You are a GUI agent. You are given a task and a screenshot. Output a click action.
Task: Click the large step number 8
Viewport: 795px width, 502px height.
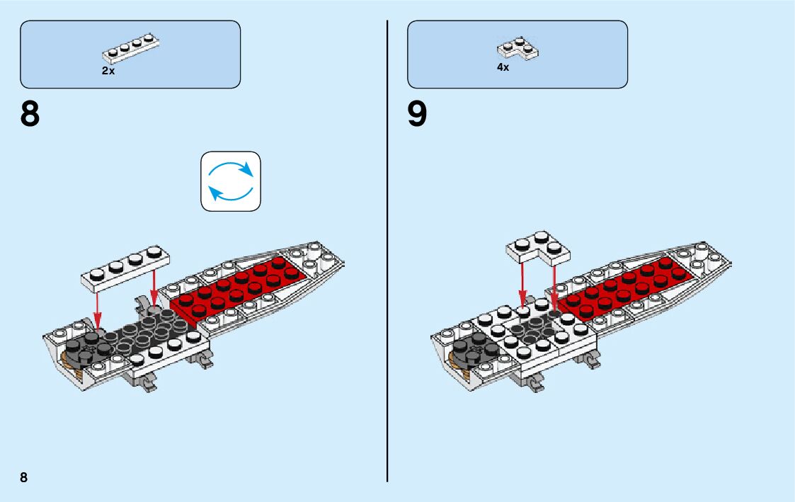pyautogui.click(x=30, y=115)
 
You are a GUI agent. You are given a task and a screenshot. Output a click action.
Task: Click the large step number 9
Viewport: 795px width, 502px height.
pyautogui.click(x=418, y=115)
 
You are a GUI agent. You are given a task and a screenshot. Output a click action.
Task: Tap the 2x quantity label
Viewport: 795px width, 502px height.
pyautogui.click(x=108, y=71)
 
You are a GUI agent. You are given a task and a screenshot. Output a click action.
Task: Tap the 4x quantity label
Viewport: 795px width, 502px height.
pyautogui.click(x=503, y=67)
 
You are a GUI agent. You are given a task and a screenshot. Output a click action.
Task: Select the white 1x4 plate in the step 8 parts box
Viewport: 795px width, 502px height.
pyautogui.click(x=130, y=47)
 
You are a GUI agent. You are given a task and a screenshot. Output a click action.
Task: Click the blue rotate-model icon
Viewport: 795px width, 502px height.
pyautogui.click(x=231, y=181)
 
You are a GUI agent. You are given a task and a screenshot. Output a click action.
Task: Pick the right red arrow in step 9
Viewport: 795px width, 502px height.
pyautogui.click(x=554, y=283)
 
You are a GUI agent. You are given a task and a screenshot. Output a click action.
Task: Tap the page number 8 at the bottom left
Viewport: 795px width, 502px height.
pyautogui.click(x=24, y=477)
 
